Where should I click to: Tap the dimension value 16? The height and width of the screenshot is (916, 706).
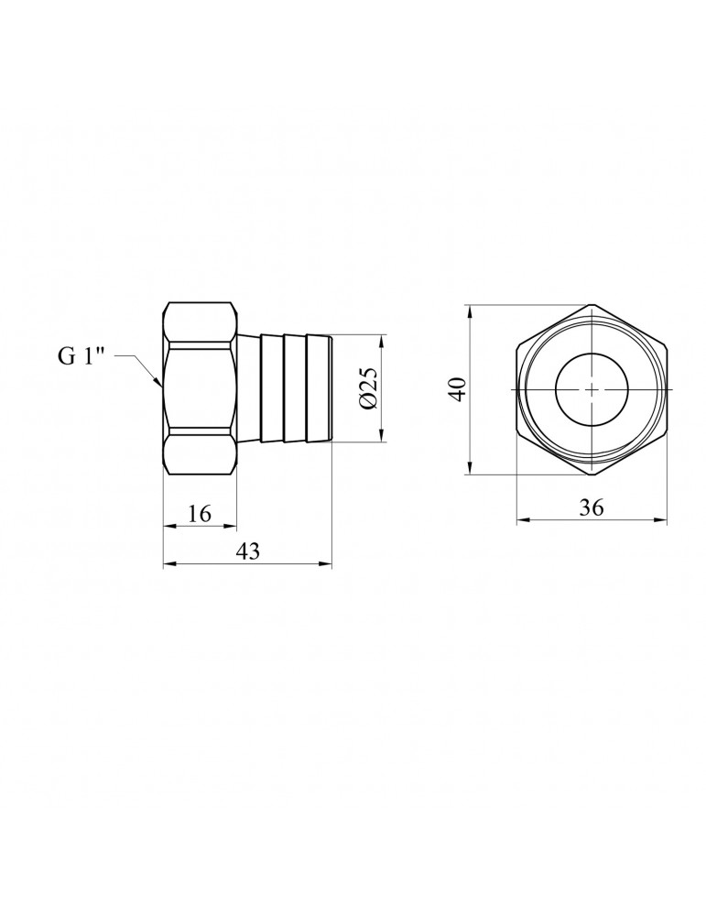[199, 514]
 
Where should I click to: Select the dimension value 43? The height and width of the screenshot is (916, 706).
[247, 551]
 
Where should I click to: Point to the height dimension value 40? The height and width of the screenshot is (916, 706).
[459, 389]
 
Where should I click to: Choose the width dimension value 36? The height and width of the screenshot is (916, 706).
[592, 507]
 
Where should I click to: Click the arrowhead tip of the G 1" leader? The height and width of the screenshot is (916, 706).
[160, 387]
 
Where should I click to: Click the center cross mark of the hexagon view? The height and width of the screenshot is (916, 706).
[592, 389]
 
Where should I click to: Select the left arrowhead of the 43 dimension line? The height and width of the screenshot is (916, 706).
[164, 564]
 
